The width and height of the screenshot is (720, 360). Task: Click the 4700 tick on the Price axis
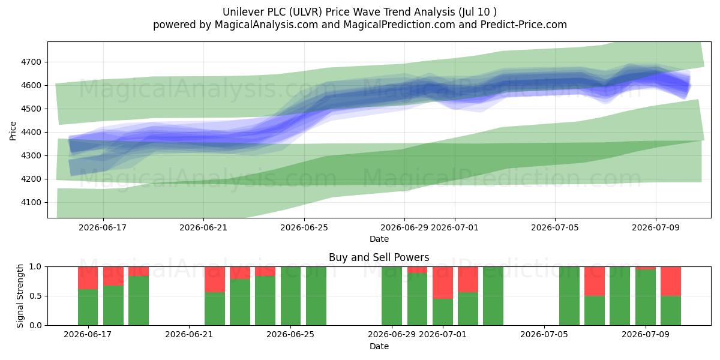(31, 62)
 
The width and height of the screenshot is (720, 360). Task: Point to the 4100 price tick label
(31, 203)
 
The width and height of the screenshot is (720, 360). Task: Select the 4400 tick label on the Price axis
(31, 132)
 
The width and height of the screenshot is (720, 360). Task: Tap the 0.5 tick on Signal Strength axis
(35, 296)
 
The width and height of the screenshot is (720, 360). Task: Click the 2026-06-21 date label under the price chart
(203, 227)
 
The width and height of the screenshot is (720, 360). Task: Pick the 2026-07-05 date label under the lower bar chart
(544, 334)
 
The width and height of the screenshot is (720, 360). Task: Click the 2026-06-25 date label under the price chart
(304, 227)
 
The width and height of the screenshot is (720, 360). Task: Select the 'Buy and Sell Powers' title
(379, 257)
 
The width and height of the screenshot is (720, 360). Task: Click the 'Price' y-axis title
(13, 131)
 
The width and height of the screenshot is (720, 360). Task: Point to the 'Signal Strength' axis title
(20, 296)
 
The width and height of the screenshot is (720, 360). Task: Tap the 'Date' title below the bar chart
(379, 346)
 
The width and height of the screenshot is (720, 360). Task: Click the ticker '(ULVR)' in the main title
(305, 12)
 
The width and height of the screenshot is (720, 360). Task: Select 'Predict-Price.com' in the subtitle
(524, 25)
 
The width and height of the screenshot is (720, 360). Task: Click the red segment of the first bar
(88, 278)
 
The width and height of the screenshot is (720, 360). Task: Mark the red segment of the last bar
(671, 281)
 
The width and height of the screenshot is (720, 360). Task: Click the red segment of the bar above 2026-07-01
(443, 283)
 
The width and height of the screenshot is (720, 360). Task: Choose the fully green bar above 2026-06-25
(290, 296)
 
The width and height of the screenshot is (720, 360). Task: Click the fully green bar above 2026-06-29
(392, 296)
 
